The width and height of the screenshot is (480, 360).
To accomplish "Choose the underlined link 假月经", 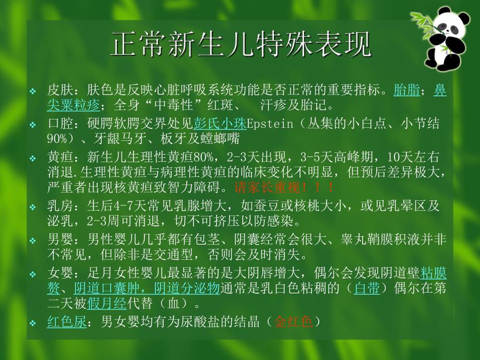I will pos(106,302).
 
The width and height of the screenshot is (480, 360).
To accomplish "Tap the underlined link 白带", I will pos(366,288).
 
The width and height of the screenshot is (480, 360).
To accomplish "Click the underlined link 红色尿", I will pos(66,322).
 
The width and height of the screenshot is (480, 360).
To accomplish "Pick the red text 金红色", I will pos(294,322).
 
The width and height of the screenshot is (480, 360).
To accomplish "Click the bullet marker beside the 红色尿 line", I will pos(32,323).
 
